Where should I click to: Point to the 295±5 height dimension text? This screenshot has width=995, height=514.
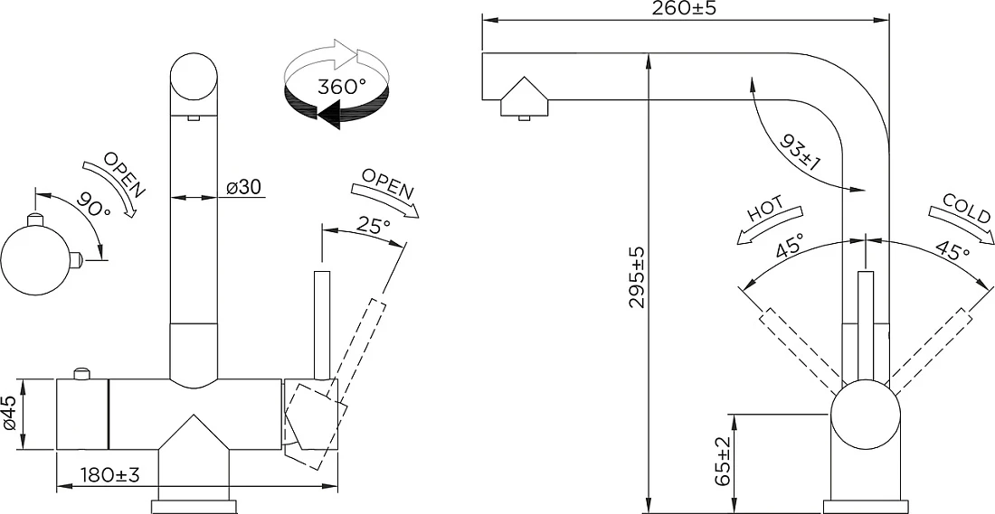tap(637, 277)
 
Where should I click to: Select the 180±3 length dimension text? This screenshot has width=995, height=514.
tap(109, 474)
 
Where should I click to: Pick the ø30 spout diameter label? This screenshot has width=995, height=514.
tap(243, 187)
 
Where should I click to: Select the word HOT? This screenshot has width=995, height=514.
tap(765, 209)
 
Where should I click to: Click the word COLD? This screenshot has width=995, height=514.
tap(966, 209)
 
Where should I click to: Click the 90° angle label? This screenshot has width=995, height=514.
tap(92, 204)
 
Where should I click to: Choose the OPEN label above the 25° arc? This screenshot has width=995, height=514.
tap(388, 183)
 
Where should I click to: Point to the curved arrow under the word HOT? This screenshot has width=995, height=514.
tap(769, 226)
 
